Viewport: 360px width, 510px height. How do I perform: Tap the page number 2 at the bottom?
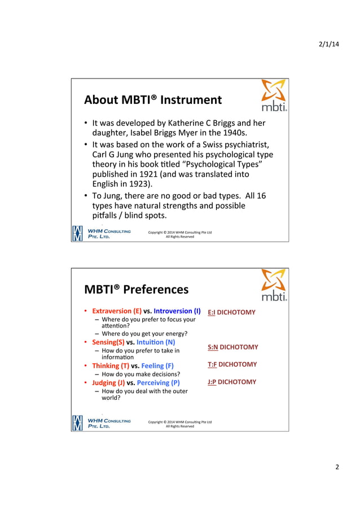[337, 467]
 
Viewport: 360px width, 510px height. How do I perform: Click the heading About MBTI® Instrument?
[153, 100]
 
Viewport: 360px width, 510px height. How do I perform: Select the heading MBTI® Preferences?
[136, 290]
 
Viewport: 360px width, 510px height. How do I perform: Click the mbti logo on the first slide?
[274, 95]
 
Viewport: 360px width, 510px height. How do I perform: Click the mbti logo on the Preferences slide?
[274, 285]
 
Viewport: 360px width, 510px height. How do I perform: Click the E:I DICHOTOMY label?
[231, 312]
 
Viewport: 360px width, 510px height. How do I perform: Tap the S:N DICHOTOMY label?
[232, 347]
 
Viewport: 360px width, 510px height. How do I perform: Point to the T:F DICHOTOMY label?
[232, 365]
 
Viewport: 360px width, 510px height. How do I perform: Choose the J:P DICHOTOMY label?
[231, 382]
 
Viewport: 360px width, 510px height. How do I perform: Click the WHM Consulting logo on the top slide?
[102, 233]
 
